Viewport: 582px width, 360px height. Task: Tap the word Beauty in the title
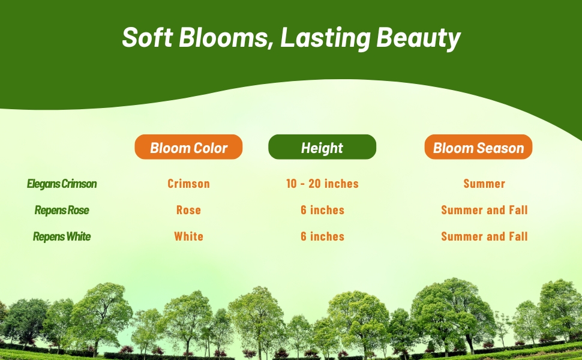click(x=418, y=38)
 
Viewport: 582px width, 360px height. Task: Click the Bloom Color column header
click(x=188, y=148)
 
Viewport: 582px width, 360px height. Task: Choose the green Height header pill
click(x=322, y=148)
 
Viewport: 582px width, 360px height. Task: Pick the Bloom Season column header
click(x=478, y=148)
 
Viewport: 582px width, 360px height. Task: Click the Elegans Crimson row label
click(x=62, y=184)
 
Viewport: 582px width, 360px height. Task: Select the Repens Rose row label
click(x=62, y=210)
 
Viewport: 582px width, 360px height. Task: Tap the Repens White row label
click(x=62, y=236)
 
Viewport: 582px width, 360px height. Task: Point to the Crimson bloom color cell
click(x=188, y=184)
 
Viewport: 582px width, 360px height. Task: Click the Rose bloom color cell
click(x=188, y=210)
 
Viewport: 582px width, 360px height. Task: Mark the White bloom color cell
click(x=188, y=236)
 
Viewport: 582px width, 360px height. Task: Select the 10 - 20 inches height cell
click(x=322, y=184)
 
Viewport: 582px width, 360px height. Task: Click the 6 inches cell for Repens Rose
click(x=322, y=210)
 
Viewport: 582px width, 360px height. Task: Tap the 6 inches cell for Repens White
click(x=322, y=236)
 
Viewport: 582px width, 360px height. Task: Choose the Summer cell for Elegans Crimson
click(x=484, y=184)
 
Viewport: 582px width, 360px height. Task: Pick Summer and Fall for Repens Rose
click(x=484, y=210)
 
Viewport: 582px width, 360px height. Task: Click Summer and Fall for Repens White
click(x=484, y=236)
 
